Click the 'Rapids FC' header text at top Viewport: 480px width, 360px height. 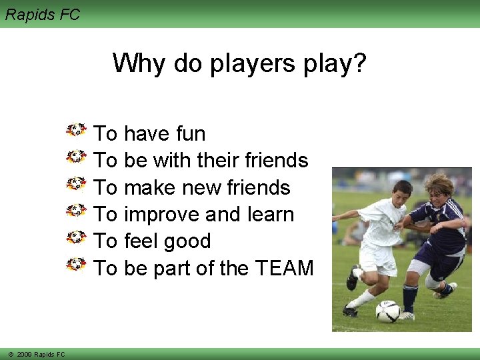tap(42, 14)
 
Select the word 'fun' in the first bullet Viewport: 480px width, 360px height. tap(191, 133)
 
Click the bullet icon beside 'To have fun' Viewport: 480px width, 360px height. tap(77, 129)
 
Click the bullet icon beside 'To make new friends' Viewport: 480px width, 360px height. tap(77, 183)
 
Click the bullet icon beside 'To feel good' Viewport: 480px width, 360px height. tap(77, 237)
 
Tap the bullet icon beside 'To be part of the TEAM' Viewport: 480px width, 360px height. tap(77, 264)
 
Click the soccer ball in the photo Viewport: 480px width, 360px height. tap(388, 311)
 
